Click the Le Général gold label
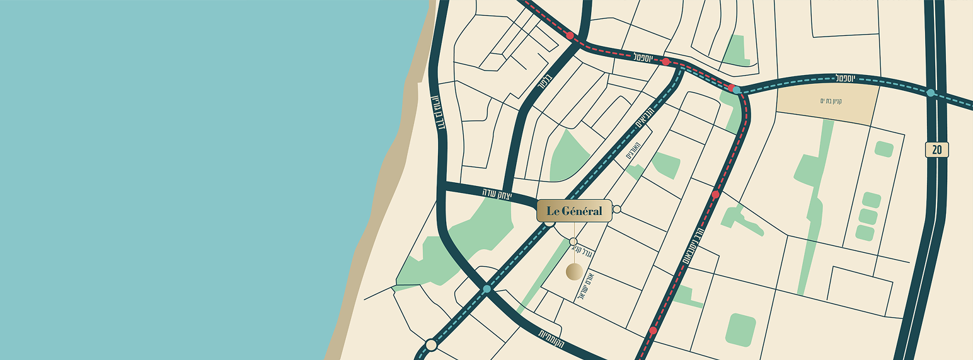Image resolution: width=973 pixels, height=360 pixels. coord(574,211)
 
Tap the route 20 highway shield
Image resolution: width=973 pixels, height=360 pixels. coord(936,149)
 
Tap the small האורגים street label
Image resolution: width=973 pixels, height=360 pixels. coord(633,151)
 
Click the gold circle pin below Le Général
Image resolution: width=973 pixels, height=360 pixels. coord(574,271)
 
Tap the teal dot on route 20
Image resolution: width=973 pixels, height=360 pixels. coord(931,93)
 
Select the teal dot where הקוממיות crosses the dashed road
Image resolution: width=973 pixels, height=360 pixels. coord(486,289)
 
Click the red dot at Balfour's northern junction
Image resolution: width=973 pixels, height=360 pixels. coord(570,36)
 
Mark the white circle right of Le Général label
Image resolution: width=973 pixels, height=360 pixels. coord(616,209)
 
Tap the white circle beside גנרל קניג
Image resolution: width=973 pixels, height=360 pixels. coord(573,241)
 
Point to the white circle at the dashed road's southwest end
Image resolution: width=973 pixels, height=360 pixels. coord(431,345)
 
